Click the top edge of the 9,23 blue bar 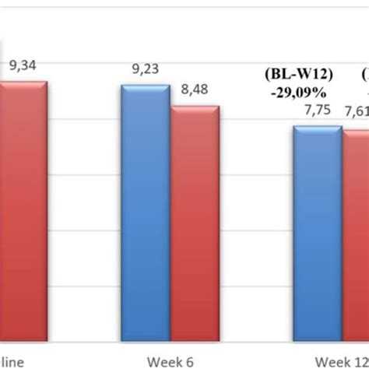pyautogui.click(x=145, y=87)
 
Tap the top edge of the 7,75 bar pyautogui.click(x=318, y=127)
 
